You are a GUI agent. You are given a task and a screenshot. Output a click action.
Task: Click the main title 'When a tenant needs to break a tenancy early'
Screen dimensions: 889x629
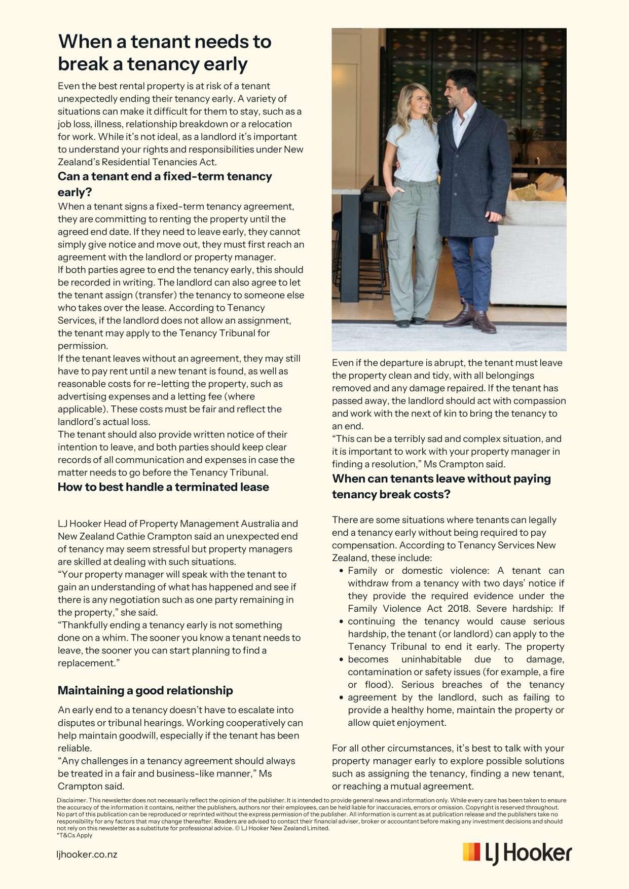click(x=165, y=53)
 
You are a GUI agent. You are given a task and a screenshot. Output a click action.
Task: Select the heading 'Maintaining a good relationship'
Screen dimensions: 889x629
click(x=145, y=690)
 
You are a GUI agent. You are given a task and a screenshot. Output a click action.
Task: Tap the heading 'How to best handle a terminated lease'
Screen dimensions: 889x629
click(x=163, y=487)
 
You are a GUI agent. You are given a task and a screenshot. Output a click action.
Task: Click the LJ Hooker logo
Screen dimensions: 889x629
click(x=517, y=854)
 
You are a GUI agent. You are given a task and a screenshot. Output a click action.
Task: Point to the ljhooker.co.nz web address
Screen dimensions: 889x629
click(x=87, y=854)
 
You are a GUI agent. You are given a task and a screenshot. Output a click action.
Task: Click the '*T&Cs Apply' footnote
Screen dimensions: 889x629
click(x=75, y=835)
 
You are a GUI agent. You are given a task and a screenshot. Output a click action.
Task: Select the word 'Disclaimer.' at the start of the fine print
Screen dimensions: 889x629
click(x=71, y=800)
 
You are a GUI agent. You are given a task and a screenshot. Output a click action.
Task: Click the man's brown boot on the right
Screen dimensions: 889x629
click(x=484, y=322)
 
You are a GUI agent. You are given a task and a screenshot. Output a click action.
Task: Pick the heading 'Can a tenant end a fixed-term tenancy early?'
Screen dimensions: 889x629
click(x=165, y=184)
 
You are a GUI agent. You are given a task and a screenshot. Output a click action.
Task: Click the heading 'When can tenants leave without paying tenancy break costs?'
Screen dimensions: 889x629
click(x=441, y=486)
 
